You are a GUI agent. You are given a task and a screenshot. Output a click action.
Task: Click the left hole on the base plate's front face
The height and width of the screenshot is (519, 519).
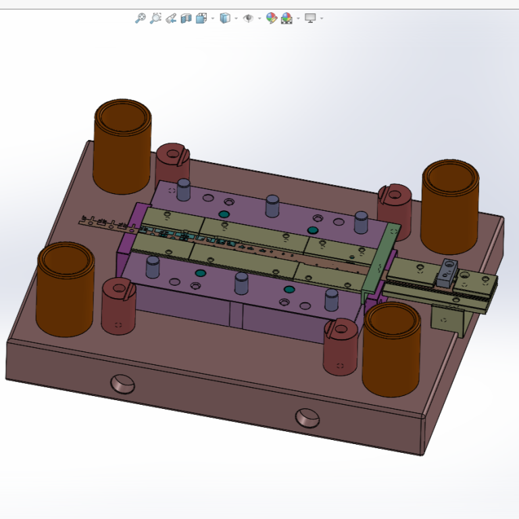click(122, 384)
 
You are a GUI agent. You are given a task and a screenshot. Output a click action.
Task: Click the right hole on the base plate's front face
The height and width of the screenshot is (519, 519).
click(307, 418)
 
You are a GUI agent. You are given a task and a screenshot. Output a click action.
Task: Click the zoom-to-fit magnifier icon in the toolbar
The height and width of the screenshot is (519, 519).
click(140, 18)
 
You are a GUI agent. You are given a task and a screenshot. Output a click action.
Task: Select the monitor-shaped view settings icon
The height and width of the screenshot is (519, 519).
click(310, 18)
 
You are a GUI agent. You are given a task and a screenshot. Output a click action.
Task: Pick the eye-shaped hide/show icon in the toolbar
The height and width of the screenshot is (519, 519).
click(248, 18)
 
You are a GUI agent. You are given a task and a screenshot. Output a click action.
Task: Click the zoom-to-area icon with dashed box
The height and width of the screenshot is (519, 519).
click(155, 18)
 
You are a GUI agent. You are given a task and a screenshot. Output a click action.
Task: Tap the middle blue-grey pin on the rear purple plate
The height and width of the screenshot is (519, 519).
click(272, 205)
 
